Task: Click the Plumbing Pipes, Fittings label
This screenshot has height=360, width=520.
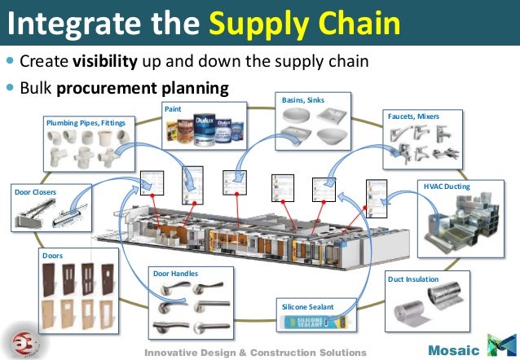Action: pyautogui.click(x=84, y=122)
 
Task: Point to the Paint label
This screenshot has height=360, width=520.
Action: pyautogui.click(x=174, y=108)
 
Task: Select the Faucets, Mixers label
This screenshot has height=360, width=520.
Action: pyautogui.click(x=413, y=116)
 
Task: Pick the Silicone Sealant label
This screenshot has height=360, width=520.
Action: pyautogui.click(x=307, y=306)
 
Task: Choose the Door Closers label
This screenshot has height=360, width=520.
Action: pyautogui.click(x=35, y=192)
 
